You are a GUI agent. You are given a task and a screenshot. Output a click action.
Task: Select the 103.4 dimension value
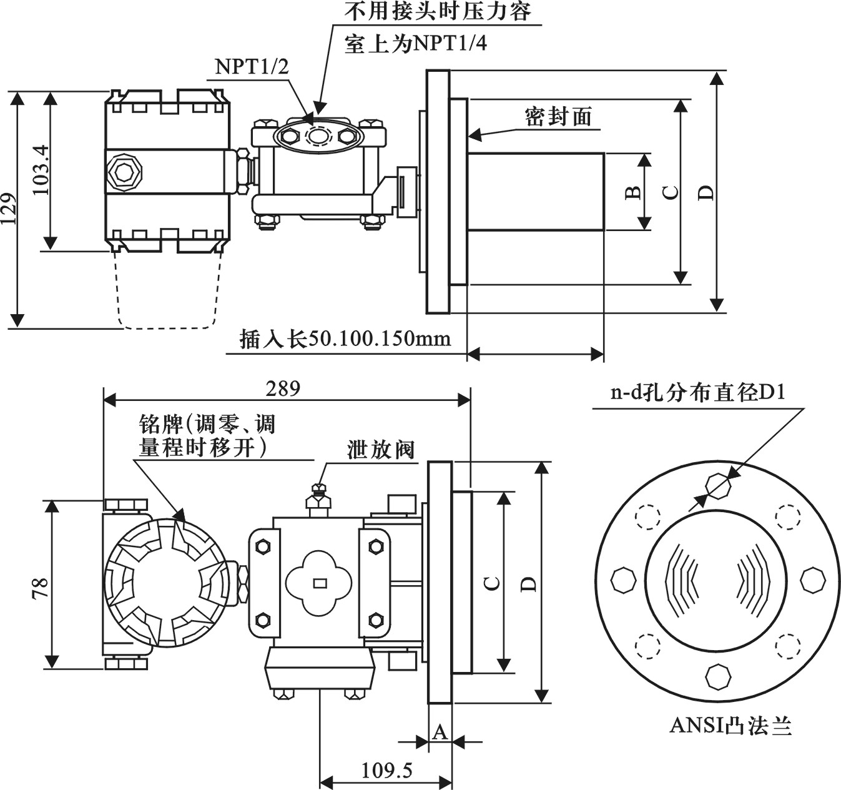41,170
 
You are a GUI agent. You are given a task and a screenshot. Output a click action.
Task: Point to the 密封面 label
558,117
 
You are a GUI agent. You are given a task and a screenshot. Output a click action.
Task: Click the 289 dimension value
283,389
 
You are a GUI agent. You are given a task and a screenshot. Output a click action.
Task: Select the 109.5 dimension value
387,771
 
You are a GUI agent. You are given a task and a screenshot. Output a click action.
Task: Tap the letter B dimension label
633,192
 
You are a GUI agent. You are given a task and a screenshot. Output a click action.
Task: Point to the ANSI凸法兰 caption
730,726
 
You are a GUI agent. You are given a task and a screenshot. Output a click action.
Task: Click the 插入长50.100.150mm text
345,338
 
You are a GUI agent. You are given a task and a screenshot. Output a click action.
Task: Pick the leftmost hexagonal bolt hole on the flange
622,581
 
